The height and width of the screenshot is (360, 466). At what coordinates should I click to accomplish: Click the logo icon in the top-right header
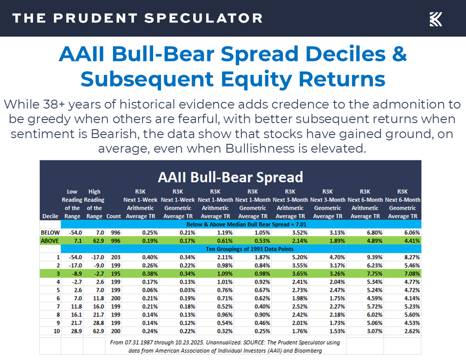tap(436, 19)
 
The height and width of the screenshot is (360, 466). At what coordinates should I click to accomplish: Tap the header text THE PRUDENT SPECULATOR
tap(137, 18)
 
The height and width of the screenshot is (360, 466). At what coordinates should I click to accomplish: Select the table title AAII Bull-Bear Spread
tap(230, 177)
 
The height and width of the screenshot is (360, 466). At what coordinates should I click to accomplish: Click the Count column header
tap(113, 216)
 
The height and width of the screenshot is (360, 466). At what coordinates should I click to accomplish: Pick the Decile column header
tap(49, 216)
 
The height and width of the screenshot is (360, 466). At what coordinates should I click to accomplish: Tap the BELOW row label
tap(50, 232)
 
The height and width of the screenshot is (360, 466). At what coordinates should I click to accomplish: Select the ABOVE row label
tap(50, 240)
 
